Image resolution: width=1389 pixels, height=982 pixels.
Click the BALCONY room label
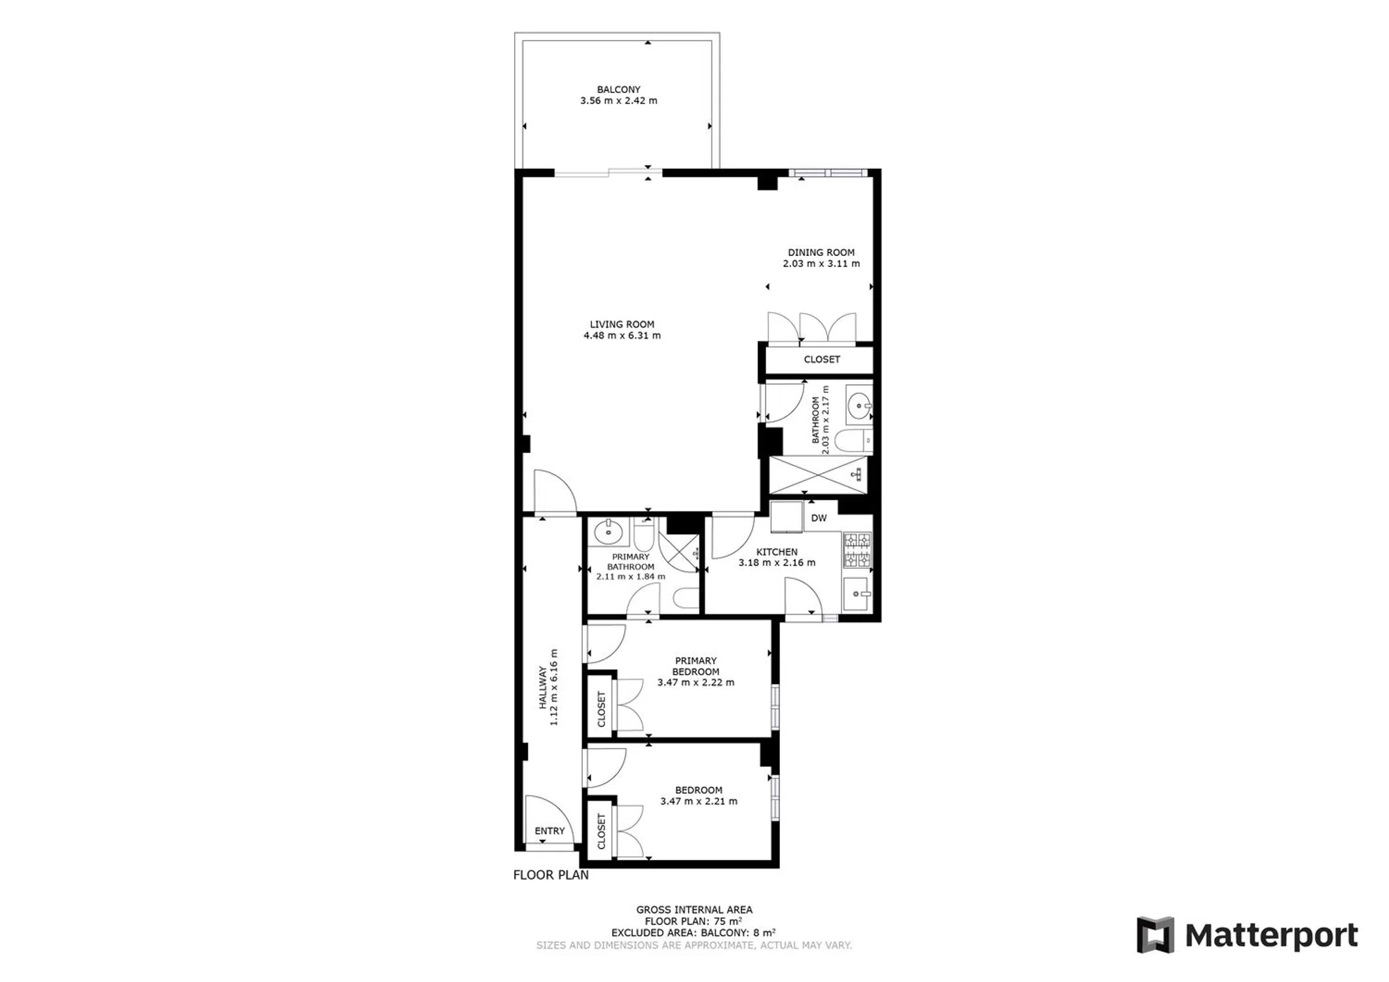[618, 90]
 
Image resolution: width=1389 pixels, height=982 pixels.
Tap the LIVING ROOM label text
[622, 324]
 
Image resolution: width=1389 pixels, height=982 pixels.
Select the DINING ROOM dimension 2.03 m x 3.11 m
[821, 264]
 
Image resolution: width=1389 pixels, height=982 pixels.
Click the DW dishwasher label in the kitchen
[819, 518]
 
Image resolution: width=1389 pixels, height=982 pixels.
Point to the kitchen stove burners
[857, 550]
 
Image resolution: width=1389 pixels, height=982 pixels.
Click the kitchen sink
[857, 594]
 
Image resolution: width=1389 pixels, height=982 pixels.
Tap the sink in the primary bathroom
[608, 532]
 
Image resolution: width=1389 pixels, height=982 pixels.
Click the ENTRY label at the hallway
[549, 831]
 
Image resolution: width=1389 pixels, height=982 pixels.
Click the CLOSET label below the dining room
[822, 359]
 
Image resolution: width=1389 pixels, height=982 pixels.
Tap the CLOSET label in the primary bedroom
[602, 709]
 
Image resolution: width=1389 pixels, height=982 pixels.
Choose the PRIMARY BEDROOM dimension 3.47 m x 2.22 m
[696, 682]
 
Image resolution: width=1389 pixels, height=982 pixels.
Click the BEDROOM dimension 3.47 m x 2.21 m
[699, 801]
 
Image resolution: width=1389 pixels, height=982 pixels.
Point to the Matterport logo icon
[1155, 935]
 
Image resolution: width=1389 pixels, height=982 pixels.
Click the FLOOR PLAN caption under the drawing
[551, 875]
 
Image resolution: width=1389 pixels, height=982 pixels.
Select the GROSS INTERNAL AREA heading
[694, 909]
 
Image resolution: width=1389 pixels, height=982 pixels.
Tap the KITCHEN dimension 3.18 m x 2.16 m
[777, 562]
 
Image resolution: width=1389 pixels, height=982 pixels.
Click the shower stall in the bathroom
[817, 475]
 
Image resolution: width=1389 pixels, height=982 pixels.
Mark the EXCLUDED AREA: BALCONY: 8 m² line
[694, 932]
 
